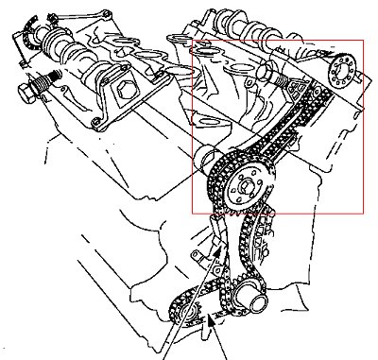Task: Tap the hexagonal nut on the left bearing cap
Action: pyautogui.click(x=123, y=92)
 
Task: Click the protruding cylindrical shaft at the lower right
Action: pyautogui.click(x=254, y=301)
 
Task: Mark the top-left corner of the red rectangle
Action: pyautogui.click(x=192, y=40)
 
